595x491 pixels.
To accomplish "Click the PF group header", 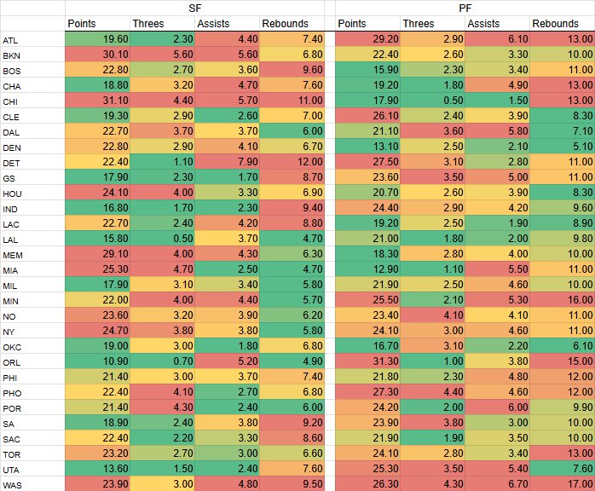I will tap(465, 8).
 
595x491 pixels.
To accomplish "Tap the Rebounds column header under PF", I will tap(561, 24).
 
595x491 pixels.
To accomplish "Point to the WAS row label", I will tap(12, 483).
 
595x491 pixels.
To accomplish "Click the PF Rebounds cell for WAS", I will tap(561, 483).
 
